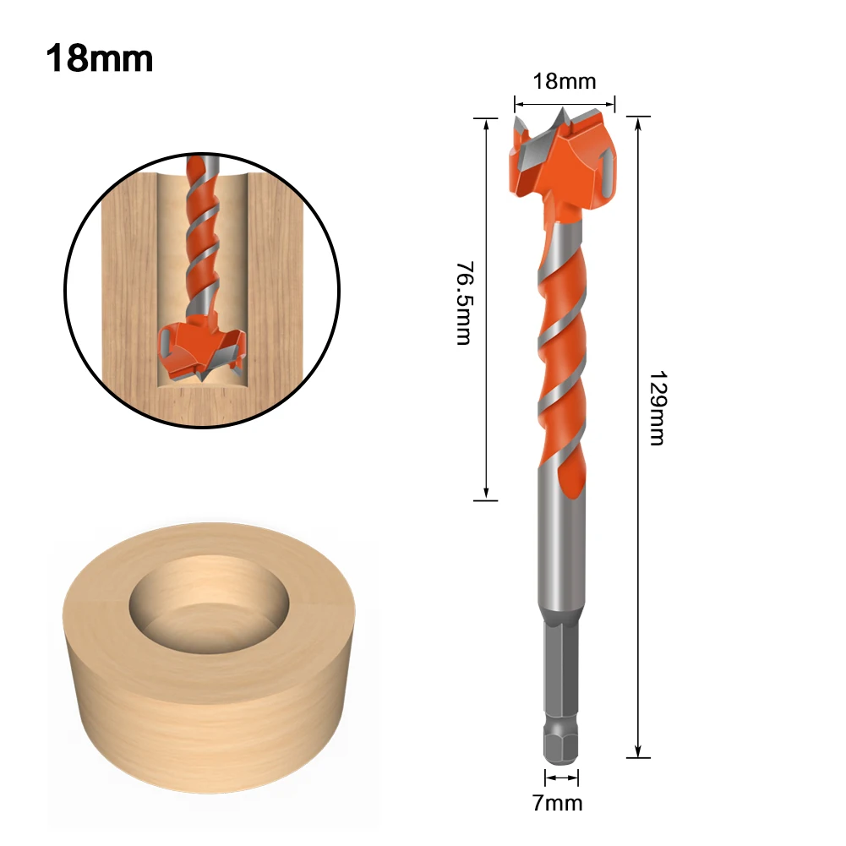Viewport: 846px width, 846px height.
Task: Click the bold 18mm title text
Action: click(99, 59)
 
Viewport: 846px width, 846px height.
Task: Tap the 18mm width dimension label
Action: click(565, 82)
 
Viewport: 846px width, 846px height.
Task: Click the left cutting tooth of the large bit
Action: click(521, 135)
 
